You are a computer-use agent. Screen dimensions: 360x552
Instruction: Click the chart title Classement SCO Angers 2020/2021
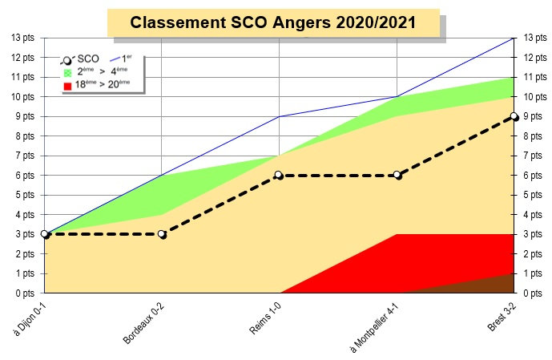tap(272, 23)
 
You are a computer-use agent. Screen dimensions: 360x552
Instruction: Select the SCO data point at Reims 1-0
tap(279, 175)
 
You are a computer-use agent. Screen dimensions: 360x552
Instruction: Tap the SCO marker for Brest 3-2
tap(514, 116)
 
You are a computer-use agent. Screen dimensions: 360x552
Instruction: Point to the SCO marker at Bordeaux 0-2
tap(162, 234)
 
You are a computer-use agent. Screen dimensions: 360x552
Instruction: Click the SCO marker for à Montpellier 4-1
tap(397, 175)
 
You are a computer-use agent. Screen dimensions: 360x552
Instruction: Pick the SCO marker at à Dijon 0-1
tap(45, 234)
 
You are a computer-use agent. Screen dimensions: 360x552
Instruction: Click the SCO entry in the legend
tap(83, 59)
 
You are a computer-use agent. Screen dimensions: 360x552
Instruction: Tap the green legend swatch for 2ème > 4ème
tap(67, 72)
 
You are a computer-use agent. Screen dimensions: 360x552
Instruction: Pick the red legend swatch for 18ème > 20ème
tap(67, 84)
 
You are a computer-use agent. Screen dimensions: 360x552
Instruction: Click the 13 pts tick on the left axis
tap(23, 38)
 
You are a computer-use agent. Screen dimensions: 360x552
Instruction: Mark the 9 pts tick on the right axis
tap(532, 116)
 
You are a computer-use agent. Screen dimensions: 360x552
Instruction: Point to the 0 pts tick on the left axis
tap(26, 293)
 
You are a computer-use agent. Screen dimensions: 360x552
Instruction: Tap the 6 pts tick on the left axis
tap(26, 175)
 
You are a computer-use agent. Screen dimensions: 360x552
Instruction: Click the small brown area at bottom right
tap(500, 286)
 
